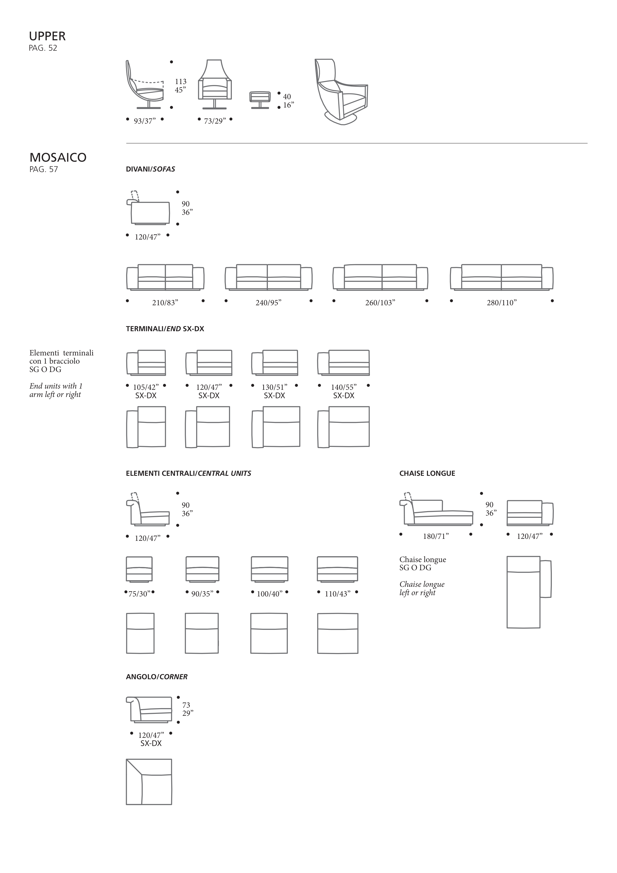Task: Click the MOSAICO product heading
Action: tap(58, 157)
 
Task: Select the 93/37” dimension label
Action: tap(145, 121)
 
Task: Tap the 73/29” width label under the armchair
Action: tap(215, 121)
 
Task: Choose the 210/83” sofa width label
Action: tap(165, 303)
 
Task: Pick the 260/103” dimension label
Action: tap(380, 303)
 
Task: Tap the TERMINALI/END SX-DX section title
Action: tap(165, 329)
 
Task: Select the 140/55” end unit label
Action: tap(344, 387)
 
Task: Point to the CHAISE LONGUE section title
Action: tap(427, 473)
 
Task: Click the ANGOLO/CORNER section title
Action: tap(157, 677)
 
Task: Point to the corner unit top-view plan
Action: tap(149, 782)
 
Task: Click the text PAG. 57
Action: tap(44, 170)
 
